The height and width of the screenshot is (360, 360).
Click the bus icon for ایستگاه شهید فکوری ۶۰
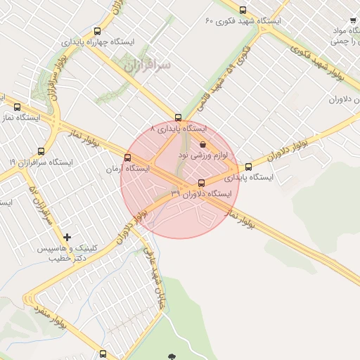point(243,11)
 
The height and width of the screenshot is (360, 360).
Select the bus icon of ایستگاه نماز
point(18,108)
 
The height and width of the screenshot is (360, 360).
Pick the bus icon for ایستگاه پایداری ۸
point(179,118)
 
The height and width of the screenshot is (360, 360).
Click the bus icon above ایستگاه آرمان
point(127,157)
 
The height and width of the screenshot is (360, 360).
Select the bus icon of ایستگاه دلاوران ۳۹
point(202,184)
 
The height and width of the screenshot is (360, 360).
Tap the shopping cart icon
point(352,22)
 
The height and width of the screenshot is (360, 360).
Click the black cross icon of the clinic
point(67,238)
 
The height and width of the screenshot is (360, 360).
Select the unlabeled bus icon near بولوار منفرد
point(103,352)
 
